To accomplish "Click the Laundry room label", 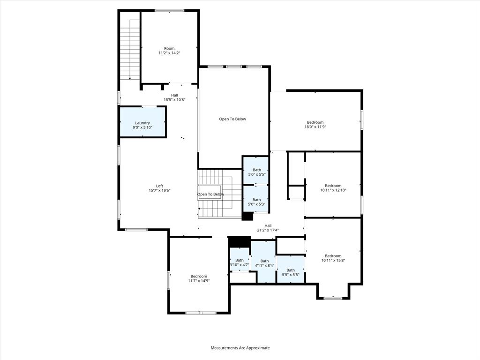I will click(142, 123).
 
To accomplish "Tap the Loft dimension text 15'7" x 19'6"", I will click(159, 190).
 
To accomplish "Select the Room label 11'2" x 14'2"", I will click(169, 51).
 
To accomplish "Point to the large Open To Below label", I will click(232, 119).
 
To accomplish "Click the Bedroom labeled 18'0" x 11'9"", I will click(315, 124).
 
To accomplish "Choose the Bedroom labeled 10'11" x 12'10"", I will click(333, 187).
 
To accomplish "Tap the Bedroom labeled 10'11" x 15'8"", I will click(333, 258).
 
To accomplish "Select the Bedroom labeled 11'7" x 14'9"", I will click(199, 278).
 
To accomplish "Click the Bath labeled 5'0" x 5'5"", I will click(257, 172).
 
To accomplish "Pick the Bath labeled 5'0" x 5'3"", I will click(257, 202).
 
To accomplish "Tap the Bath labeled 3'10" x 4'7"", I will click(240, 262).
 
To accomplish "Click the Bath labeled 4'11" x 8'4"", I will click(264, 263).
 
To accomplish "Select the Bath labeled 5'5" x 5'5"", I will click(291, 272).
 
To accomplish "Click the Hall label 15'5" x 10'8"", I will click(174, 97).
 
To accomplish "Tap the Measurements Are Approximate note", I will click(240, 348).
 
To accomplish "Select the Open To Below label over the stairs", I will click(210, 194).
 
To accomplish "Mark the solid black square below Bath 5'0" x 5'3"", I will click(247, 216).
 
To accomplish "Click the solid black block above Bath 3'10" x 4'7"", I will click(240, 241).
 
